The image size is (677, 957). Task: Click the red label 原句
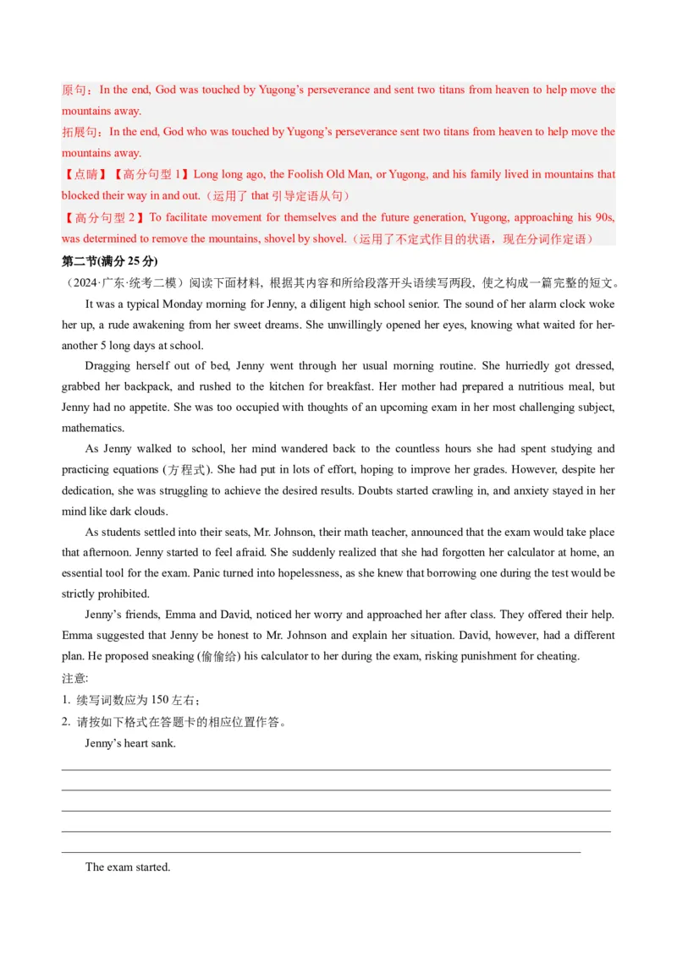coord(74,90)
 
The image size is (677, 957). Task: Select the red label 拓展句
coord(80,132)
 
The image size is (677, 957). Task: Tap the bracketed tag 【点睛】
coord(85,175)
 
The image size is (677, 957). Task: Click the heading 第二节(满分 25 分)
coord(110,260)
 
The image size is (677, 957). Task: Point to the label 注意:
coord(75,677)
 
